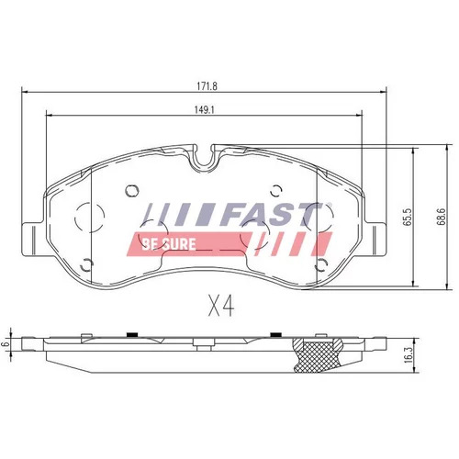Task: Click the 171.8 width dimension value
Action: pos(207,86)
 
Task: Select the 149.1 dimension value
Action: pos(205,110)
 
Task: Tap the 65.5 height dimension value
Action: pos(408,218)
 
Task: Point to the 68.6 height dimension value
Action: pos(441,217)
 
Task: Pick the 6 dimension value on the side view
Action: pos(5,344)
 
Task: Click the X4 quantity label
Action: pos(221,307)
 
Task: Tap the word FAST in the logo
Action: pos(271,214)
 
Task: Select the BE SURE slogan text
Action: pos(169,244)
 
